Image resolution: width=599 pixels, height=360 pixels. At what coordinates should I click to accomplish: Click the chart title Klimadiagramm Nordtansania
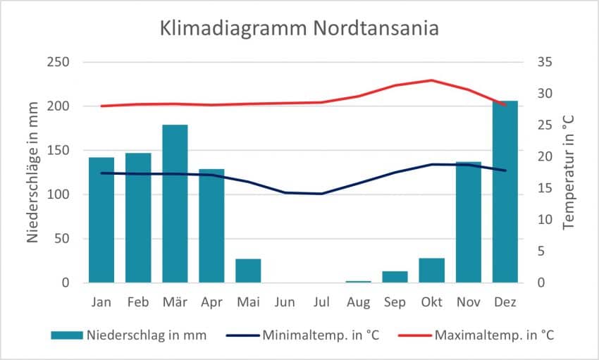(299, 29)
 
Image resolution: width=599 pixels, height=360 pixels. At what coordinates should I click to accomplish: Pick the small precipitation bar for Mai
(248, 271)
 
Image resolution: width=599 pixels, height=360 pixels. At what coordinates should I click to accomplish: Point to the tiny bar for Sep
(395, 277)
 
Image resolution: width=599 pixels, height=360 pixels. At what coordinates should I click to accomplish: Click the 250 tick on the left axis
(58, 62)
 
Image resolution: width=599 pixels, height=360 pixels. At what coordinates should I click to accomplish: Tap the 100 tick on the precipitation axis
(58, 194)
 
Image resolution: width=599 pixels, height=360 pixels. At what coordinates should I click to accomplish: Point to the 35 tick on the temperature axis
(543, 62)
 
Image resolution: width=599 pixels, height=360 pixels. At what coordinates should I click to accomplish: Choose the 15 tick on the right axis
(543, 188)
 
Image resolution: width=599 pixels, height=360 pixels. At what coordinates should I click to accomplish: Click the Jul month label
(321, 303)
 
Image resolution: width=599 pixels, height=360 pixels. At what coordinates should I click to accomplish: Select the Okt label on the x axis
(431, 303)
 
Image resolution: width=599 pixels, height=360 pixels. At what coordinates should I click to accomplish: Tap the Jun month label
(285, 303)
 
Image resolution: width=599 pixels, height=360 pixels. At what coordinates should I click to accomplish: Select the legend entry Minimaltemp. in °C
(321, 335)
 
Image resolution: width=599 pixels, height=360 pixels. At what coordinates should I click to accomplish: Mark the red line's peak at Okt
(431, 80)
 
